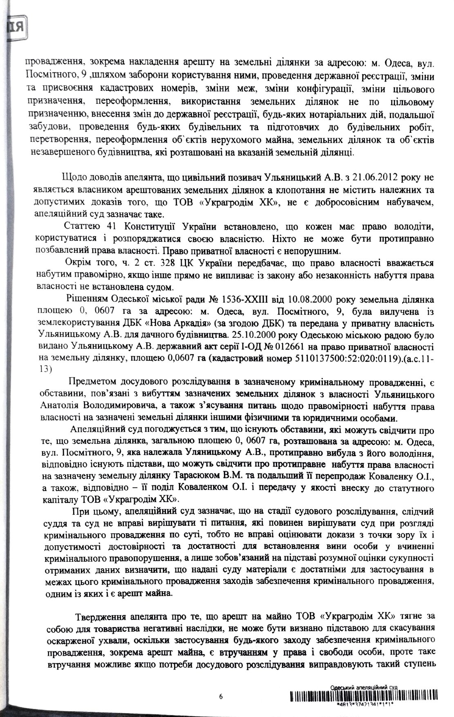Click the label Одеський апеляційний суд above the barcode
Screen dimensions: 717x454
pos(363,687)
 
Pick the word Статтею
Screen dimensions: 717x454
pos(83,226)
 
